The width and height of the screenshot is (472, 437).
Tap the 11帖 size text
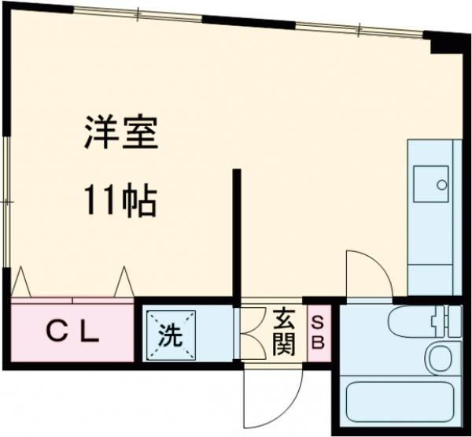(122, 202)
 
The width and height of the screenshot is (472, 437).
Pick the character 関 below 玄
(284, 344)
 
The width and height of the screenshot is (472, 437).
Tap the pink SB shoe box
(318, 333)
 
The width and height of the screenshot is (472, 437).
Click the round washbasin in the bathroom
(439, 359)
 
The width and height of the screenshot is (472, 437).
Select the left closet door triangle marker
(20, 282)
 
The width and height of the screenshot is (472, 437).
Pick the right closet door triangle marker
(124, 282)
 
